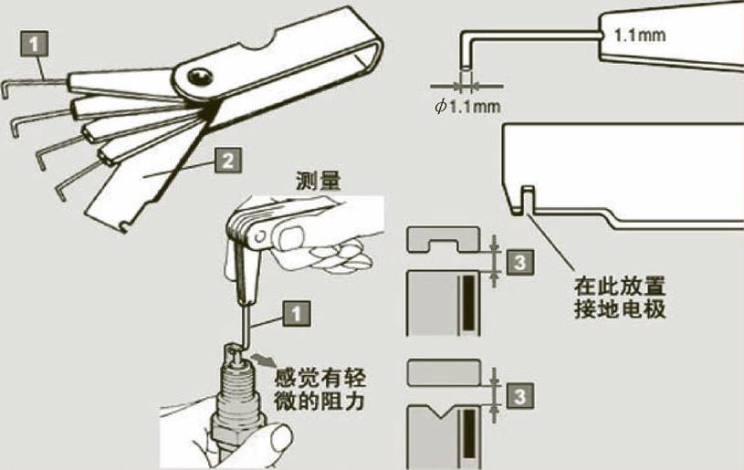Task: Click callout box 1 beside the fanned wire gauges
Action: tap(32, 43)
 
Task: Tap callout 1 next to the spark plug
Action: tap(295, 312)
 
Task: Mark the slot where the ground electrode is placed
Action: tap(525, 194)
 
